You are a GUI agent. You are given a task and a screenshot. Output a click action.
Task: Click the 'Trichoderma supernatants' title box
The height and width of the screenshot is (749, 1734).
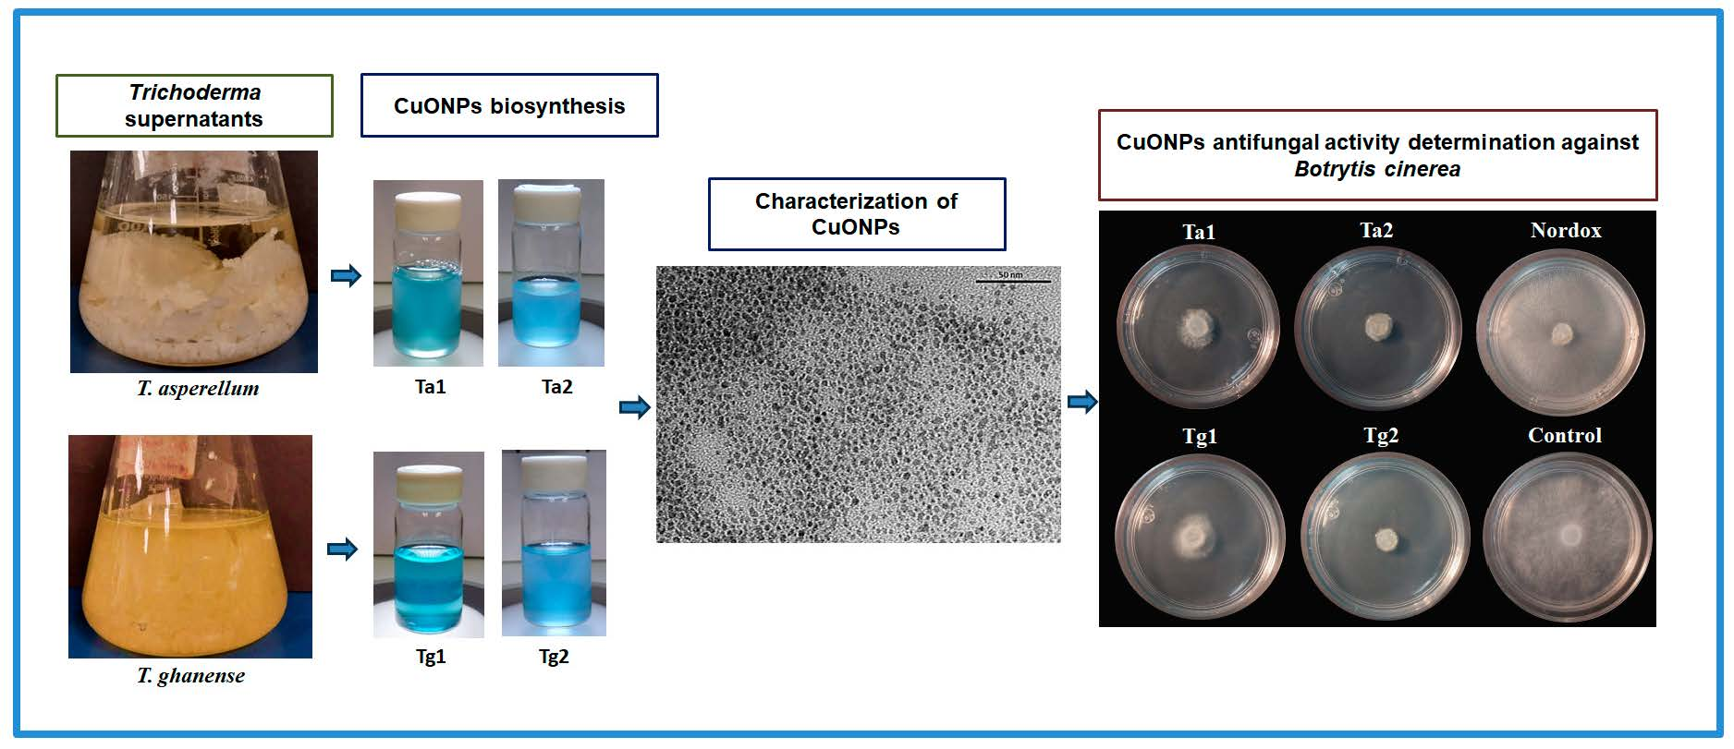coord(194,105)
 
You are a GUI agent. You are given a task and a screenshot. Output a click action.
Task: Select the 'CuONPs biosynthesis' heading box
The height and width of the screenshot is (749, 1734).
coord(509,105)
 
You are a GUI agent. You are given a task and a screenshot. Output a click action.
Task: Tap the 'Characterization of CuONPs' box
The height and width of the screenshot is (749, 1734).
coord(856,214)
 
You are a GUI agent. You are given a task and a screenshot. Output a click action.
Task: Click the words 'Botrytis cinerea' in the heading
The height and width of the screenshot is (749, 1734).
coord(1377,170)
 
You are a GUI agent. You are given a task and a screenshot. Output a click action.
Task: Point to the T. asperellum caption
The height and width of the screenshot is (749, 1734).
coord(198,389)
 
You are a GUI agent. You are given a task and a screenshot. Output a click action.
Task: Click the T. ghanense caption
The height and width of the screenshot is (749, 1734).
coord(191,676)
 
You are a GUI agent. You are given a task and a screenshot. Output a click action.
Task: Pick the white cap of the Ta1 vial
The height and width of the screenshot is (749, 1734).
coord(428,203)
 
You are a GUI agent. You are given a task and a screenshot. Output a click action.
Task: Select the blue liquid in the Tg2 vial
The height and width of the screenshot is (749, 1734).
coord(554,577)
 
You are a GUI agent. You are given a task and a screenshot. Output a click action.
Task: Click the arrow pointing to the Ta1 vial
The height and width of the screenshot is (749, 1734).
coord(346,275)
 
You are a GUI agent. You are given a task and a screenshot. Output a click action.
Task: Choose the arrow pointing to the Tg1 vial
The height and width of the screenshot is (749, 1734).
coord(342,550)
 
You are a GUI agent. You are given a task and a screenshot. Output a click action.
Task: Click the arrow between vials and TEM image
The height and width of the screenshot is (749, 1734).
coord(635,407)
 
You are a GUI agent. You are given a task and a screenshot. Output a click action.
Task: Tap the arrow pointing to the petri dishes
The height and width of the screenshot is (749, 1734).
coord(1082,402)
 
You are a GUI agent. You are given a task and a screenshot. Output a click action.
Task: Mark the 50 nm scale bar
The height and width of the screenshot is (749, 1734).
coord(1013,281)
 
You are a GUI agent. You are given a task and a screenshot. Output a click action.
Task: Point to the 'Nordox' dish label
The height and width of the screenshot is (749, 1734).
coord(1565,231)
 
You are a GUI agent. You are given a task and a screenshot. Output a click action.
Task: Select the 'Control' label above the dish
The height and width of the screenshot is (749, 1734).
coord(1564,436)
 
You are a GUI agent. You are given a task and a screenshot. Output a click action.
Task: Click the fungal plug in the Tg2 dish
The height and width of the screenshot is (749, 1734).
coord(1385,539)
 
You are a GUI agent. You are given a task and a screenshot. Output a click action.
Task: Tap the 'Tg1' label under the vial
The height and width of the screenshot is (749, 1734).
coord(431,657)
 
